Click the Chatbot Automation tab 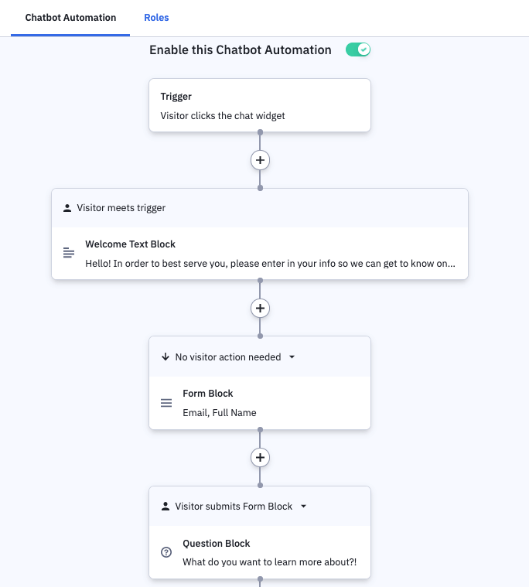[x=70, y=18]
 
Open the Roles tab [x=156, y=18]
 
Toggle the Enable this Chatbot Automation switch [x=358, y=49]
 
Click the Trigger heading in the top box [x=176, y=97]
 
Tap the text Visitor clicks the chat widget [x=223, y=116]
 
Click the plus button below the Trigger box [x=260, y=160]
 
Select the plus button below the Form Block [x=260, y=458]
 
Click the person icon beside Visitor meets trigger [x=67, y=208]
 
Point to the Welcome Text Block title [x=130, y=244]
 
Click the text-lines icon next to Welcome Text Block [x=69, y=253]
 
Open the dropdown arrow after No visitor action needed [x=292, y=357]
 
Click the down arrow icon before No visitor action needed [x=165, y=357]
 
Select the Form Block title [x=208, y=394]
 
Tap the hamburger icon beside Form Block [x=166, y=403]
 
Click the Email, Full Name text [x=220, y=412]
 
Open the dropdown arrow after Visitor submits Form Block [x=304, y=506]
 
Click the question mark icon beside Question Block [x=166, y=552]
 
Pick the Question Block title [x=216, y=544]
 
